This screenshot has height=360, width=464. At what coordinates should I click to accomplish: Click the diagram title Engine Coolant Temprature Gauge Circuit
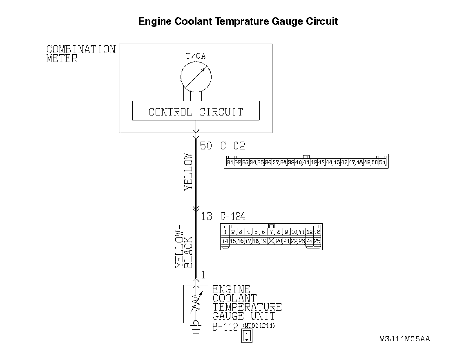[238, 21]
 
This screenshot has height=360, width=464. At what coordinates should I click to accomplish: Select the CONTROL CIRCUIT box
[196, 111]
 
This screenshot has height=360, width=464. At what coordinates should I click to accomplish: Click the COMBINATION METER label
[81, 54]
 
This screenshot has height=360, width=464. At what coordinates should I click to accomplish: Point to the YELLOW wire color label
[188, 172]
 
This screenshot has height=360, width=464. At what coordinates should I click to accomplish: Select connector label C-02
[233, 146]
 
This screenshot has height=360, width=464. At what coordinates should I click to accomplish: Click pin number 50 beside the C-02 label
[206, 146]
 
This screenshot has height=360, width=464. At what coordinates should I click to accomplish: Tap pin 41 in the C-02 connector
[306, 162]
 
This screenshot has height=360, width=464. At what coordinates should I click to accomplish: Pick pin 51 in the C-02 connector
[382, 162]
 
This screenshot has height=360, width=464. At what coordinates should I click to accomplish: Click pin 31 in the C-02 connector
[230, 162]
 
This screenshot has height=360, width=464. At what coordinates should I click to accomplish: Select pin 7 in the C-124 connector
[271, 232]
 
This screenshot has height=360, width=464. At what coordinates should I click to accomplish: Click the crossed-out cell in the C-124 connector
[271, 241]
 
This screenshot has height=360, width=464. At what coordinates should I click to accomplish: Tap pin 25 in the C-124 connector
[317, 241]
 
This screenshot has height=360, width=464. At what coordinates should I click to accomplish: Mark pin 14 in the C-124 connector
[225, 241]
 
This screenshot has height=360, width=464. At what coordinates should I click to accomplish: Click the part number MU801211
[259, 325]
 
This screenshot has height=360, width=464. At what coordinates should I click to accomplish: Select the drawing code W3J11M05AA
[404, 339]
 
